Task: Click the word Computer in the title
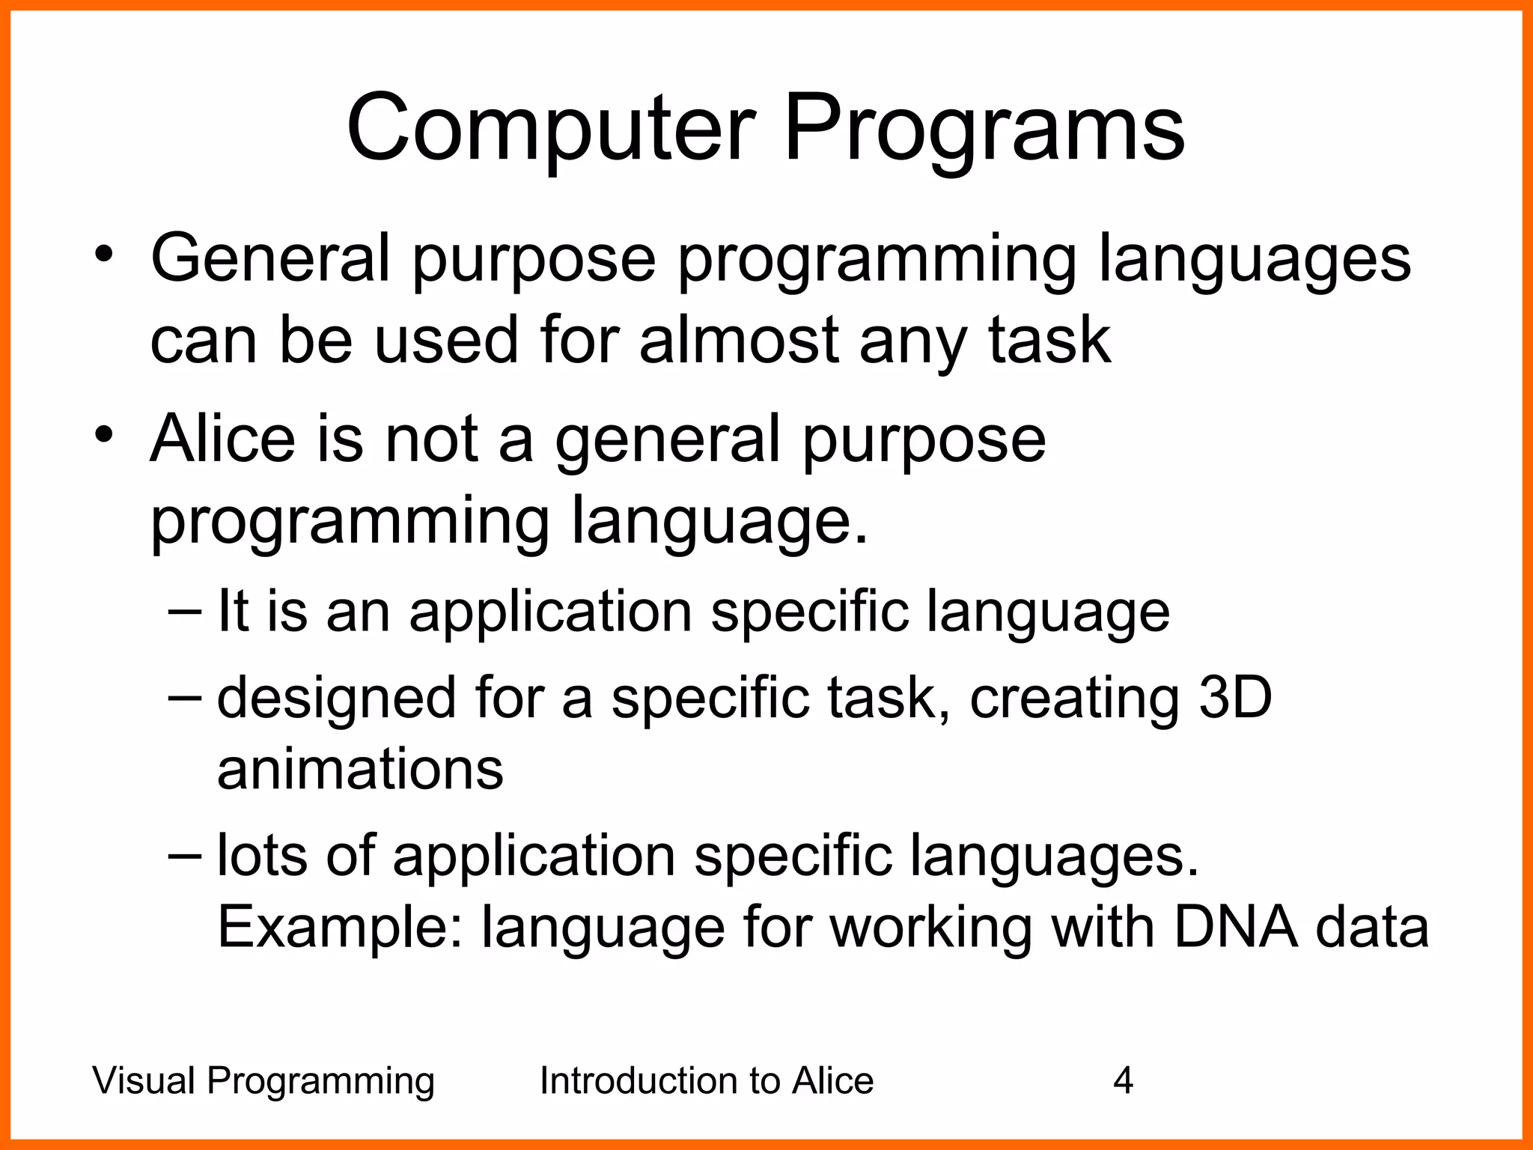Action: [x=550, y=129]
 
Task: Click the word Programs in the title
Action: [x=983, y=129]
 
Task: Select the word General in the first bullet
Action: [x=270, y=258]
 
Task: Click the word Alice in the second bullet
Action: [x=222, y=439]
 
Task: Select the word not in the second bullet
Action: [x=430, y=439]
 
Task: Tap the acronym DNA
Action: [x=1235, y=928]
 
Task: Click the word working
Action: [x=930, y=928]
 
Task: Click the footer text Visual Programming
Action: [x=263, y=1081]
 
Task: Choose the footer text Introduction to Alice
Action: [x=706, y=1081]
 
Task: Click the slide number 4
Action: [x=1123, y=1081]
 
